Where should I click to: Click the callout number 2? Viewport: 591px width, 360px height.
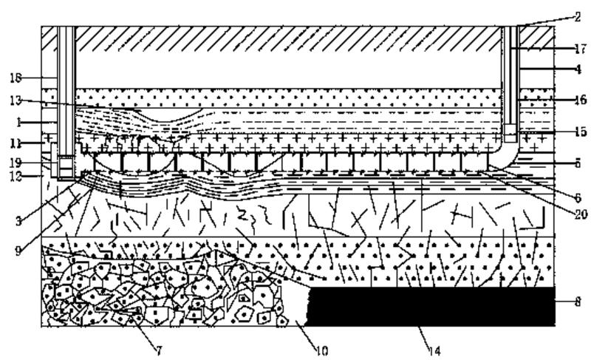pyautogui.click(x=577, y=16)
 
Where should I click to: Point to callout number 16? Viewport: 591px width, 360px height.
pyautogui.click(x=578, y=98)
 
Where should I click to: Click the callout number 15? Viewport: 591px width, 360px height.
pyautogui.click(x=578, y=132)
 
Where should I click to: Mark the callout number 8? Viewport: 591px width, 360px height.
pyautogui.click(x=578, y=301)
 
